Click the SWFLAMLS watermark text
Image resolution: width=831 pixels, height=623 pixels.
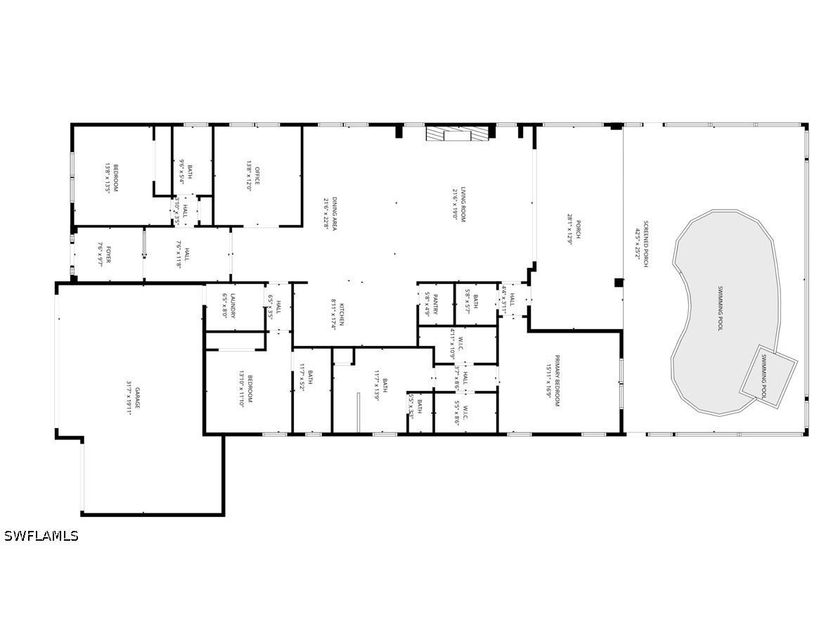coord(41,536)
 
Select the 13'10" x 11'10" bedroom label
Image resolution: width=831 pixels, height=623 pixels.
coord(245,390)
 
